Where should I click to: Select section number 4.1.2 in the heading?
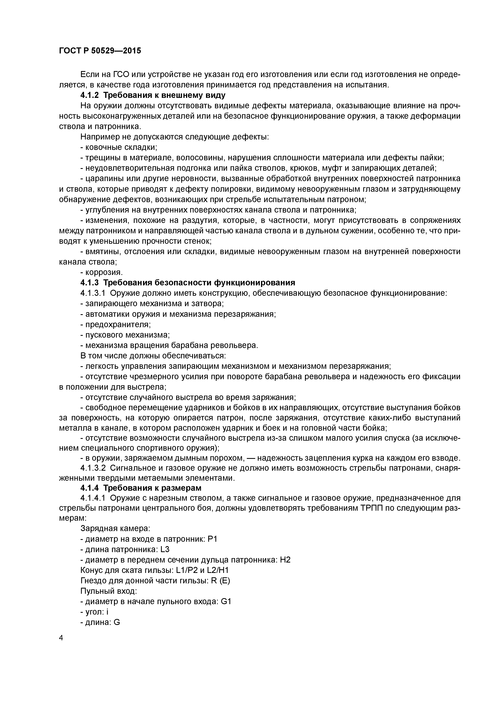(90, 95)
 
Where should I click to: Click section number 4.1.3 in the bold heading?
(90, 283)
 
